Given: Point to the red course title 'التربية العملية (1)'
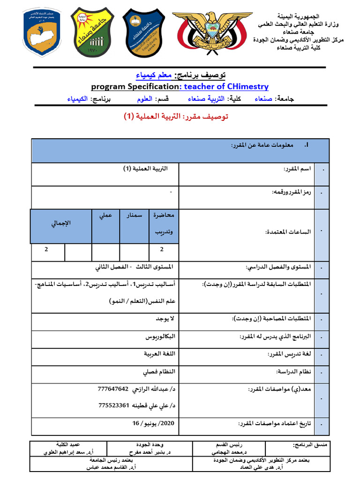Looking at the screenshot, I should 176,117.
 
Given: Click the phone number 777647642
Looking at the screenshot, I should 113,389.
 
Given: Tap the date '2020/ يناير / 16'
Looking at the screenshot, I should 153,423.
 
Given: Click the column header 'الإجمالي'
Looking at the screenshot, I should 60,223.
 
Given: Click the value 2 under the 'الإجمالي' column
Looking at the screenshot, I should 46,249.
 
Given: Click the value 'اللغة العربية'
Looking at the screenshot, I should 159,354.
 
